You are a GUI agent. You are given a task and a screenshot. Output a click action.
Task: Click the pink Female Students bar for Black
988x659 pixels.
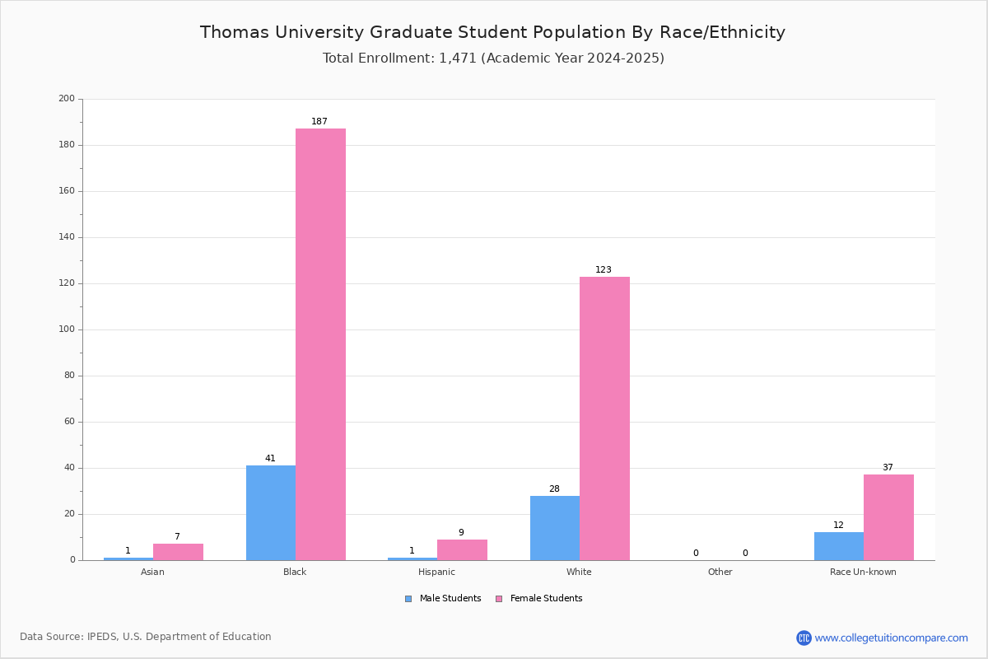[x=320, y=344]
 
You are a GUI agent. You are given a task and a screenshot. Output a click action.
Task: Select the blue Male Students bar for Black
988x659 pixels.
[x=271, y=513]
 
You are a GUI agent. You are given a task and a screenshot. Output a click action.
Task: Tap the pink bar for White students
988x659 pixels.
[x=604, y=418]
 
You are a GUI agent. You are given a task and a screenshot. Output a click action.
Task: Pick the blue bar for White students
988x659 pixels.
[x=555, y=528]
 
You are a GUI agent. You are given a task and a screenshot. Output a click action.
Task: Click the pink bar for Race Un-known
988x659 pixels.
[x=888, y=517]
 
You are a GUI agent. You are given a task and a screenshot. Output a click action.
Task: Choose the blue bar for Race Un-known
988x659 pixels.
[x=839, y=546]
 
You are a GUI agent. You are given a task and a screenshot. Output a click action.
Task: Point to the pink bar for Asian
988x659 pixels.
[x=178, y=552]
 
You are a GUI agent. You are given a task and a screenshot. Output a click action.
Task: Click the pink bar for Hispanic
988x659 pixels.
[x=462, y=549]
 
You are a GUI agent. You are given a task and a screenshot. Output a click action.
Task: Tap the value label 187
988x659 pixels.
[x=319, y=121]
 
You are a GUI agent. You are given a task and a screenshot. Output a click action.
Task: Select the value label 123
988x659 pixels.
[x=604, y=269]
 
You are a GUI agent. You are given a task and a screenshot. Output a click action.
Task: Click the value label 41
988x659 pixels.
[x=270, y=458]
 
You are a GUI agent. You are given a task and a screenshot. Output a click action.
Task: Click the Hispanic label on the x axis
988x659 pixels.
[x=436, y=572]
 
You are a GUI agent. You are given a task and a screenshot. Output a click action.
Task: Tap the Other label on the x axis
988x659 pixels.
[x=720, y=572]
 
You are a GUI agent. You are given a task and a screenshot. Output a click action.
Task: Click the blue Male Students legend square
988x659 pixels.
[x=408, y=599]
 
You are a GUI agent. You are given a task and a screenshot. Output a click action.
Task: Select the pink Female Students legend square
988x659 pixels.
[x=499, y=599]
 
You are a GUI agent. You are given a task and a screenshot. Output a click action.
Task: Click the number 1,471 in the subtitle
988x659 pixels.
[x=458, y=58]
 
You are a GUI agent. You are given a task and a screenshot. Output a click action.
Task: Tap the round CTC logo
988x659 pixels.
[x=804, y=638]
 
